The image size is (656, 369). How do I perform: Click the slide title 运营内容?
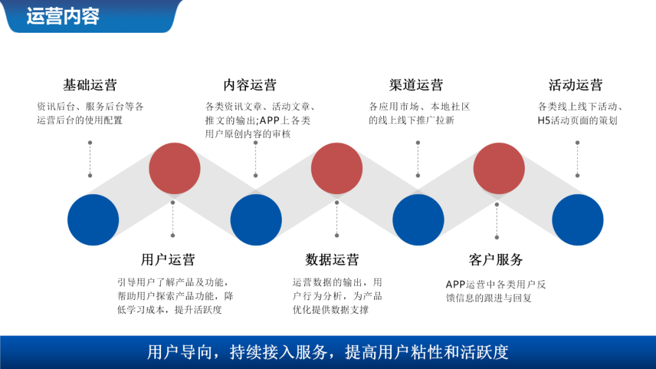point(63,16)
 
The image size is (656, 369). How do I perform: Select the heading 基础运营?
point(90,85)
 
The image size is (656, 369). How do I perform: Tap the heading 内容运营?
point(250,85)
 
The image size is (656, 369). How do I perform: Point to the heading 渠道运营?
point(416,85)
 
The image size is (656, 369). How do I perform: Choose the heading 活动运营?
point(575,85)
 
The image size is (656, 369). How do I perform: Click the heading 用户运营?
point(168,260)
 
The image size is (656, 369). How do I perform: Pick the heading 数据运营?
point(332,260)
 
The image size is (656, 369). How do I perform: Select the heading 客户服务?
point(496,260)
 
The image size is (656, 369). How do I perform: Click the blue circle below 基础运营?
point(93,220)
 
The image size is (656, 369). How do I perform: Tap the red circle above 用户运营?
point(174,169)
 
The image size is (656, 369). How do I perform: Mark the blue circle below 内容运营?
point(256,220)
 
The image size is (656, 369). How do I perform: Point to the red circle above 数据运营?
point(337,169)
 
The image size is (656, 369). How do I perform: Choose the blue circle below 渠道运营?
point(418,220)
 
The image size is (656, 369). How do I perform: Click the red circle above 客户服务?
point(499,169)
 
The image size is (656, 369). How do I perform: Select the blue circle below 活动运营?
point(578,220)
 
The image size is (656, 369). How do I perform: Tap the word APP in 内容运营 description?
point(270,120)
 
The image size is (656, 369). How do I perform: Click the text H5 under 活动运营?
point(544,120)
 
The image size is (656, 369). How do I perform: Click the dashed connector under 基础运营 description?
point(90,159)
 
